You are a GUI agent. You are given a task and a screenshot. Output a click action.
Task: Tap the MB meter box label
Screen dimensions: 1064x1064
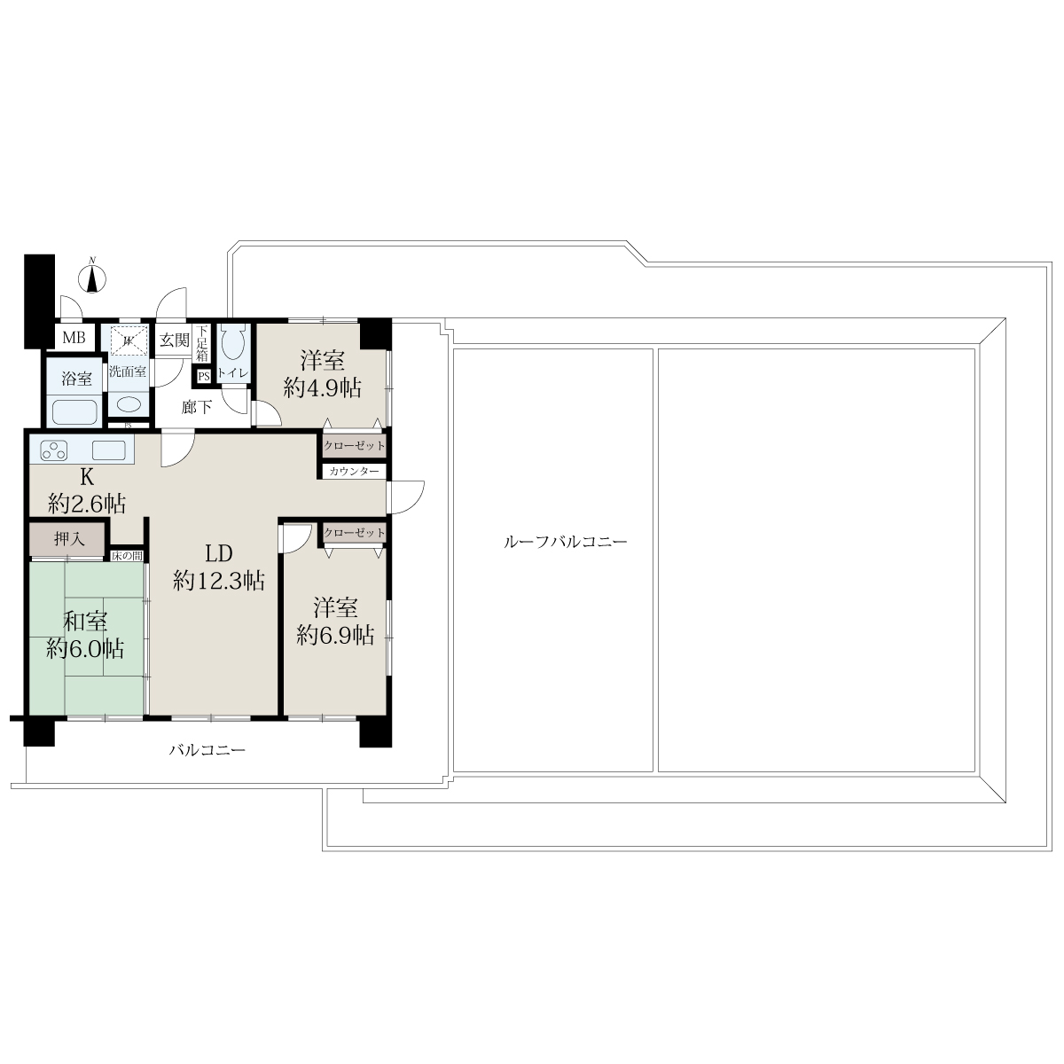click(74, 337)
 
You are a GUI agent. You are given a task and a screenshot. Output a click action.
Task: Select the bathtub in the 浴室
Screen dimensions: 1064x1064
click(74, 412)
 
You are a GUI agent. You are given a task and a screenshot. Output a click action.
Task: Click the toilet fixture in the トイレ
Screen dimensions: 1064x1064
click(233, 343)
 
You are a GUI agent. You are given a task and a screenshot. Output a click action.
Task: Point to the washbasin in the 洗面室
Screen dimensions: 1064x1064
click(129, 404)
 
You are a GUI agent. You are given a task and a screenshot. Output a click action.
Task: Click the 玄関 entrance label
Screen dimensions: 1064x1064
click(175, 340)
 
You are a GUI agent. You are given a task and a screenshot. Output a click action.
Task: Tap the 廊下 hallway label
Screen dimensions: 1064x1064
click(197, 408)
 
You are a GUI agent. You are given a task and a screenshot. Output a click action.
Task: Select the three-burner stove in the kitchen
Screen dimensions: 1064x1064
click(54, 450)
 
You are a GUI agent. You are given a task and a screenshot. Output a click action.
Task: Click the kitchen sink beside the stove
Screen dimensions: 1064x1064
click(109, 450)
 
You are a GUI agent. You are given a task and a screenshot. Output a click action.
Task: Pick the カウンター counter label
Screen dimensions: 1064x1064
click(354, 472)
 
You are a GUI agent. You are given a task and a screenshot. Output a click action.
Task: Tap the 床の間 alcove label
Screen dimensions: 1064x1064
click(128, 556)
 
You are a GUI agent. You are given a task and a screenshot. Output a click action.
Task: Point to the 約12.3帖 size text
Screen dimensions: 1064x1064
click(219, 581)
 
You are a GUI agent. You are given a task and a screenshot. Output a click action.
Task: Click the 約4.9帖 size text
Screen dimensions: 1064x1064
click(323, 388)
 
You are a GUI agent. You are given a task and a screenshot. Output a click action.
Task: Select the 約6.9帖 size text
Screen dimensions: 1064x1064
click(335, 636)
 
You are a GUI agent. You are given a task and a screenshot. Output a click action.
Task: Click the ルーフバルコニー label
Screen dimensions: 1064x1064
click(566, 542)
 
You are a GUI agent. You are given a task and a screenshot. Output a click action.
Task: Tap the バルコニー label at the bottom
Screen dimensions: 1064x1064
click(207, 750)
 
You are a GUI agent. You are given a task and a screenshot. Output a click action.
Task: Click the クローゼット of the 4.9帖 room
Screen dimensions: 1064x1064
click(354, 446)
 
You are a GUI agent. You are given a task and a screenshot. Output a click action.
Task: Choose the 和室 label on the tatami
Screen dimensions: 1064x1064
click(84, 622)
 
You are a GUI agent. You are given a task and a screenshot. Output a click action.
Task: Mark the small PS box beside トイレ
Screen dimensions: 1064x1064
click(204, 377)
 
